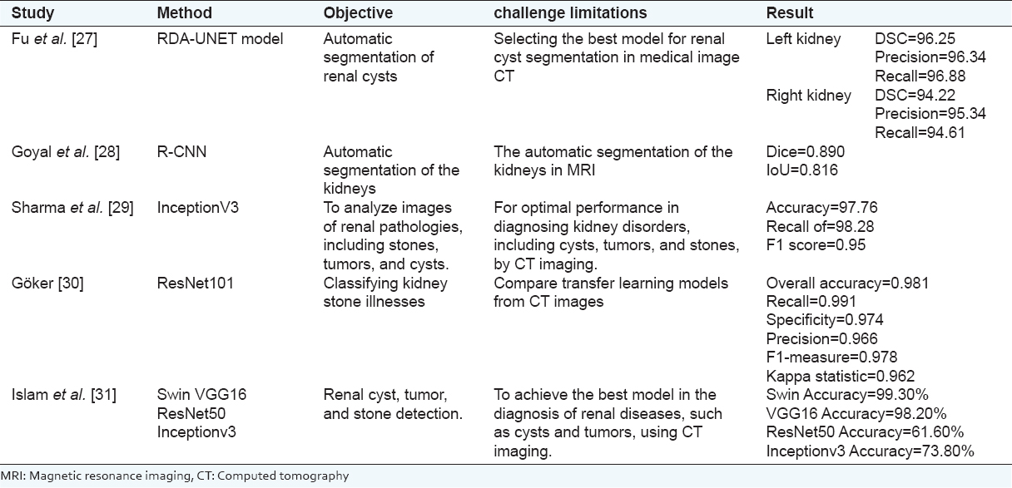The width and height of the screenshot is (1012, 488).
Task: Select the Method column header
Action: [x=184, y=14]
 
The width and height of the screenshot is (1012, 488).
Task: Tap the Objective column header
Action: [x=358, y=14]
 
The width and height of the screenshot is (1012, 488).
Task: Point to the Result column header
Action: [x=790, y=14]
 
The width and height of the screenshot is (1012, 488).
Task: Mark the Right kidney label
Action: [x=808, y=96]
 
